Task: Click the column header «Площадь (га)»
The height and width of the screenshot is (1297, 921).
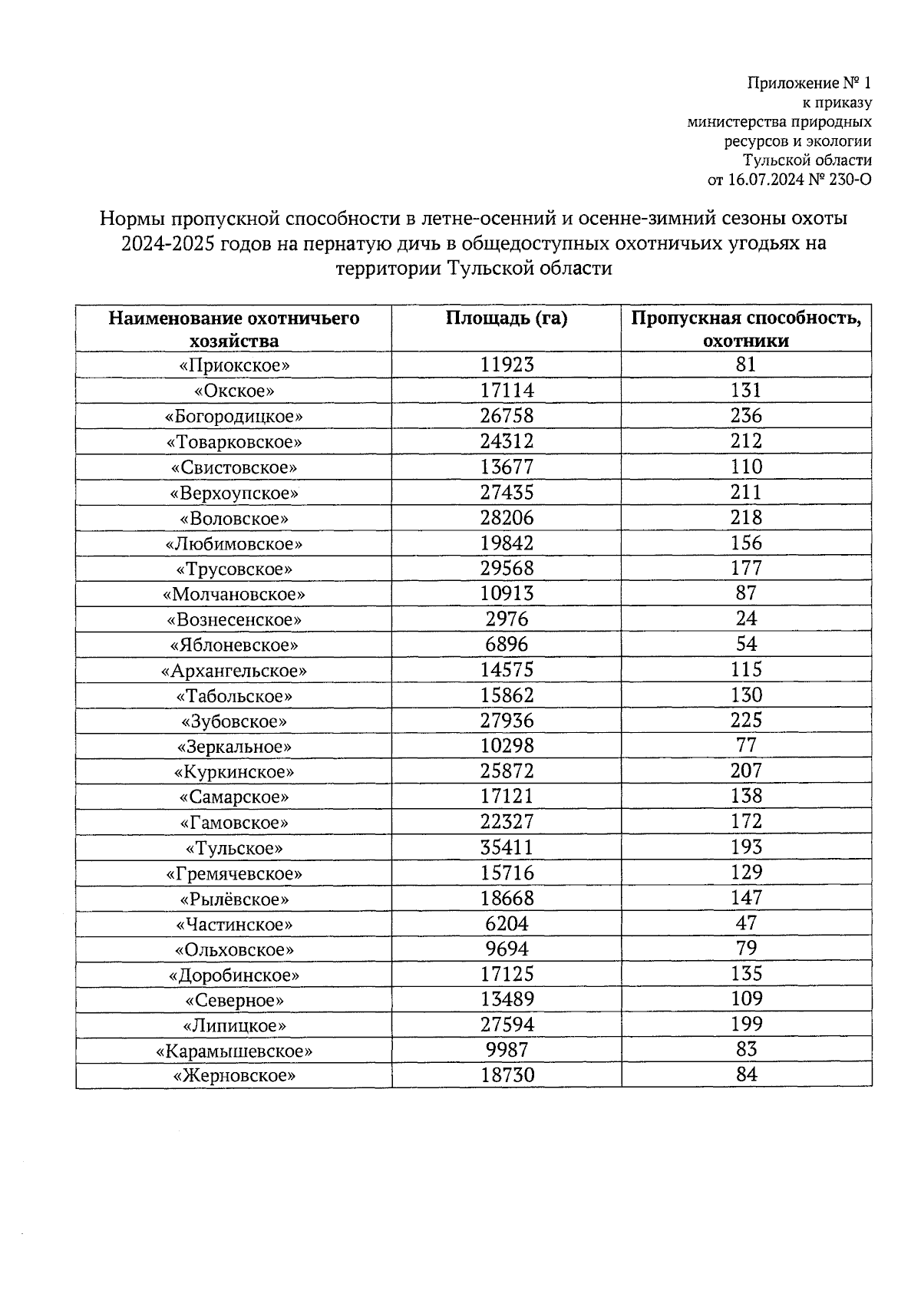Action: (507, 318)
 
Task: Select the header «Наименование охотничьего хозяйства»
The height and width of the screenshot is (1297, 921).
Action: (234, 329)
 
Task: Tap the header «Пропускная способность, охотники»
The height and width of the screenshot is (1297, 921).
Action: (746, 329)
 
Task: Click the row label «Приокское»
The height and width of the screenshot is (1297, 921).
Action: (234, 365)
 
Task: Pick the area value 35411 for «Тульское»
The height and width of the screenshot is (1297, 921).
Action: (507, 847)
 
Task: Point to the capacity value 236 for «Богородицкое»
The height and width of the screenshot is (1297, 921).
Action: (746, 416)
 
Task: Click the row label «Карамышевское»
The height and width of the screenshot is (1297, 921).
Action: (234, 1051)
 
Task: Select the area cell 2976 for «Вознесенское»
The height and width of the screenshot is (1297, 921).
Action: (507, 619)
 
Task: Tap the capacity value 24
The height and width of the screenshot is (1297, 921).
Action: (746, 619)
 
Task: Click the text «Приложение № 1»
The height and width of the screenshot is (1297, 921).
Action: (810, 82)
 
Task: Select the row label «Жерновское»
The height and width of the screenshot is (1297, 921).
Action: (234, 1076)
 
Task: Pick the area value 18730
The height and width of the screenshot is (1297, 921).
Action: (507, 1075)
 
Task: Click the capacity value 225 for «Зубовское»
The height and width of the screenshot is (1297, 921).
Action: (746, 720)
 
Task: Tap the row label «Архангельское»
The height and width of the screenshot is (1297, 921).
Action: (234, 670)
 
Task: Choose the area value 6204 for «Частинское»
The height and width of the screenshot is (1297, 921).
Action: (507, 924)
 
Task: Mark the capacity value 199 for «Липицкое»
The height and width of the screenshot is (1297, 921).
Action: (746, 1024)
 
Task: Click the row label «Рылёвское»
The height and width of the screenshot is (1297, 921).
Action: (234, 899)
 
